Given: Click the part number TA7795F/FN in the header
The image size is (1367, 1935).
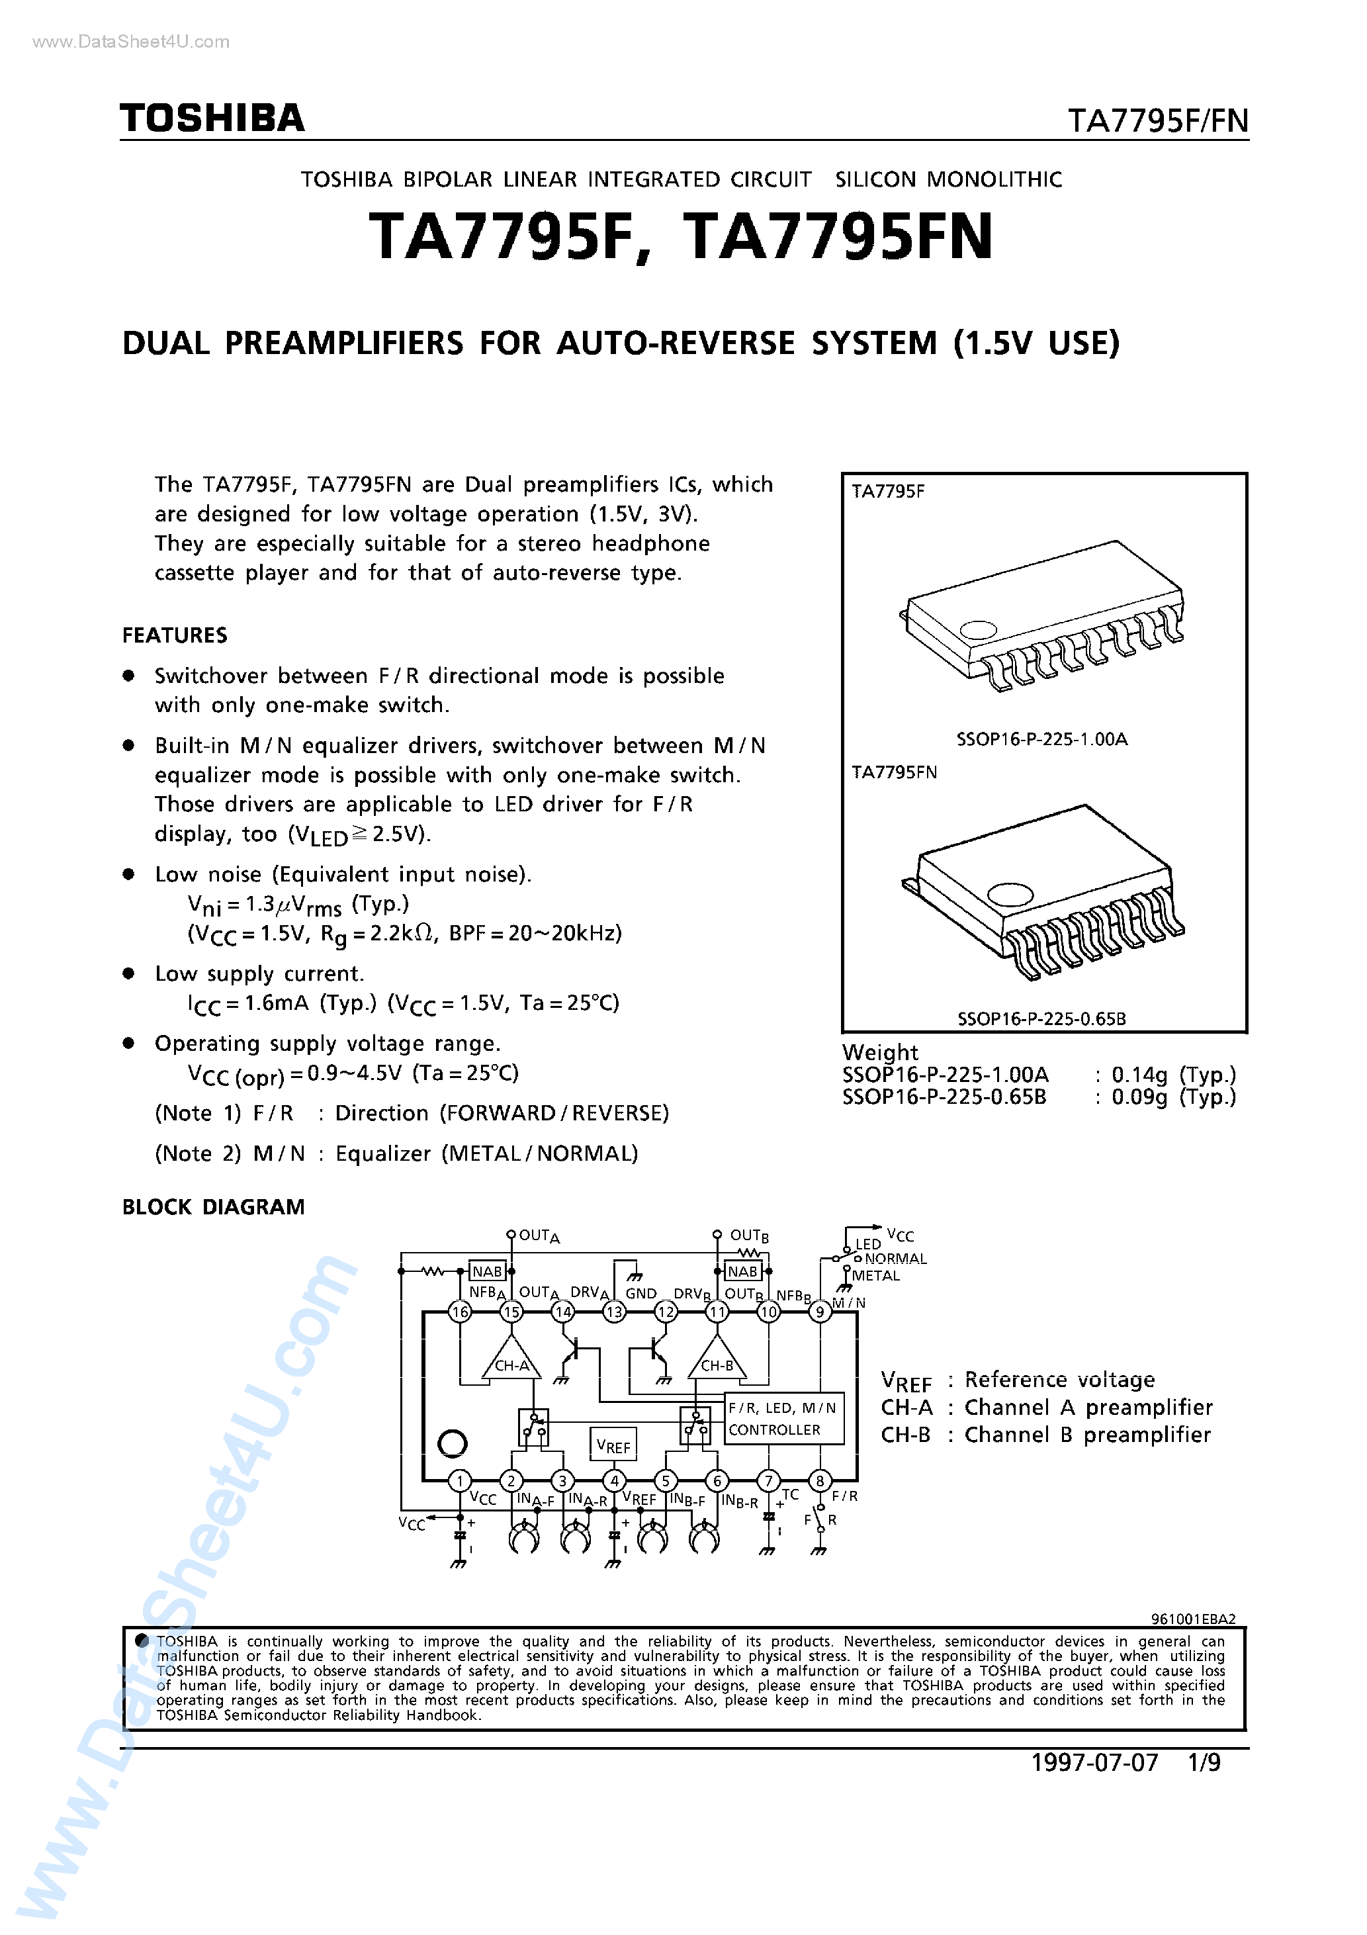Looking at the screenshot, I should click(1157, 121).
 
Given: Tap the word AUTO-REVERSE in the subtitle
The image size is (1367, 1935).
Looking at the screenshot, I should click(676, 343).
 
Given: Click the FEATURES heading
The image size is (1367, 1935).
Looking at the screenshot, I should click(175, 635).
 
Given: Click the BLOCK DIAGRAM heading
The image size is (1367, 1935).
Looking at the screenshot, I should click(213, 1207).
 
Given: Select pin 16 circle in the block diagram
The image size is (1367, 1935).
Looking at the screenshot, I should click(460, 1312).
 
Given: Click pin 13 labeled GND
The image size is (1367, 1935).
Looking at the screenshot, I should click(615, 1312).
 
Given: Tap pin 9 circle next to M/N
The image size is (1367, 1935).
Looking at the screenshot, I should click(819, 1312).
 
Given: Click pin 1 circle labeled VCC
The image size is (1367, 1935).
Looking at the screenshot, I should click(459, 1481).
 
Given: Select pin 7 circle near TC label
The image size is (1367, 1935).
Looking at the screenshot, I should click(768, 1481).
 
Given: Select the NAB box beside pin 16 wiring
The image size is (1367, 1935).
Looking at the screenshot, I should click(487, 1271).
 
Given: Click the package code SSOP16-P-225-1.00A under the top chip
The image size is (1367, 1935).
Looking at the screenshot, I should click(1041, 739).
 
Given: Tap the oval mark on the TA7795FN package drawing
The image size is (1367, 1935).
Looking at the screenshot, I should click(1010, 893).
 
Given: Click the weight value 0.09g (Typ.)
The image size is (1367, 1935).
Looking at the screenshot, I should click(1173, 1097).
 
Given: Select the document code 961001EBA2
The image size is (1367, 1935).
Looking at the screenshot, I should click(1192, 1619).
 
